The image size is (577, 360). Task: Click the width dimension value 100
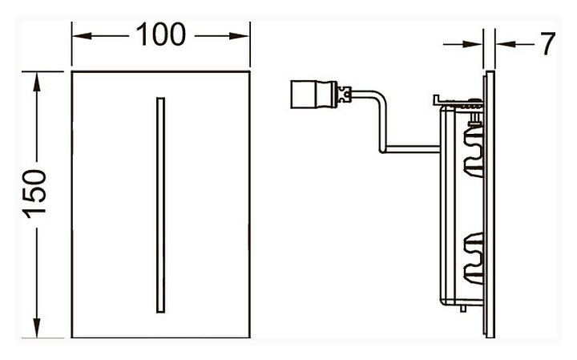tap(159, 35)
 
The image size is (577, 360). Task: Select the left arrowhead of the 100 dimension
tap(79, 36)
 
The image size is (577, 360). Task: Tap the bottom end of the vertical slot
tap(160, 309)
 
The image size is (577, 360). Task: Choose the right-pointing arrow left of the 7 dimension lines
tap(476, 45)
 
